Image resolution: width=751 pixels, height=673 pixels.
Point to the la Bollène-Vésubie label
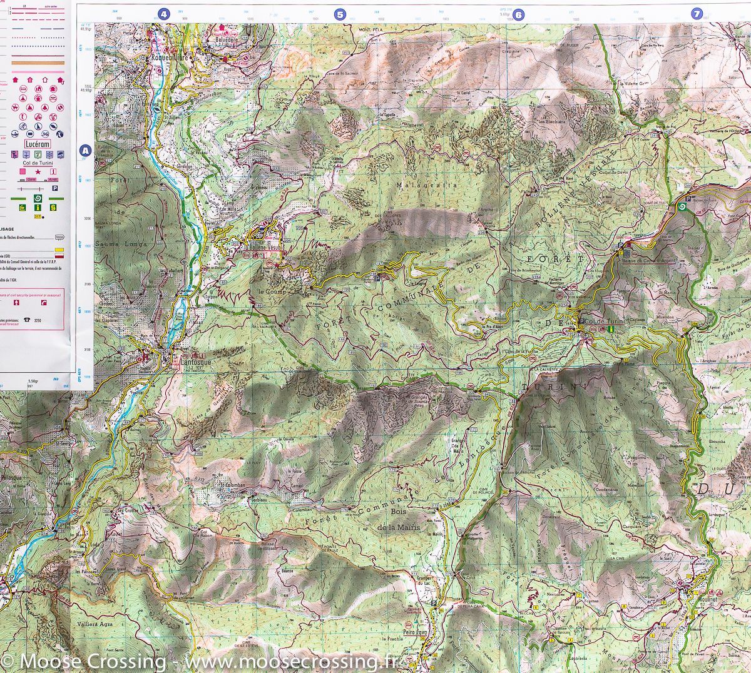tap(264, 247)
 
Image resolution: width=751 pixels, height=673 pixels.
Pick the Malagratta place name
tap(418, 185)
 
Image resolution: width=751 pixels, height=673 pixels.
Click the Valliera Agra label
tap(95, 623)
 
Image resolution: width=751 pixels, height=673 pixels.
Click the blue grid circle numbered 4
tap(164, 14)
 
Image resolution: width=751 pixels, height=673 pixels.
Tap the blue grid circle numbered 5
tap(340, 14)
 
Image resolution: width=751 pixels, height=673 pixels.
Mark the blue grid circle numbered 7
tap(697, 14)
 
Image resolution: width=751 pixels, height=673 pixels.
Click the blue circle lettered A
tap(85, 151)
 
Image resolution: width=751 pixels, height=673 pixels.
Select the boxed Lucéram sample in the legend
tap(38, 144)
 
